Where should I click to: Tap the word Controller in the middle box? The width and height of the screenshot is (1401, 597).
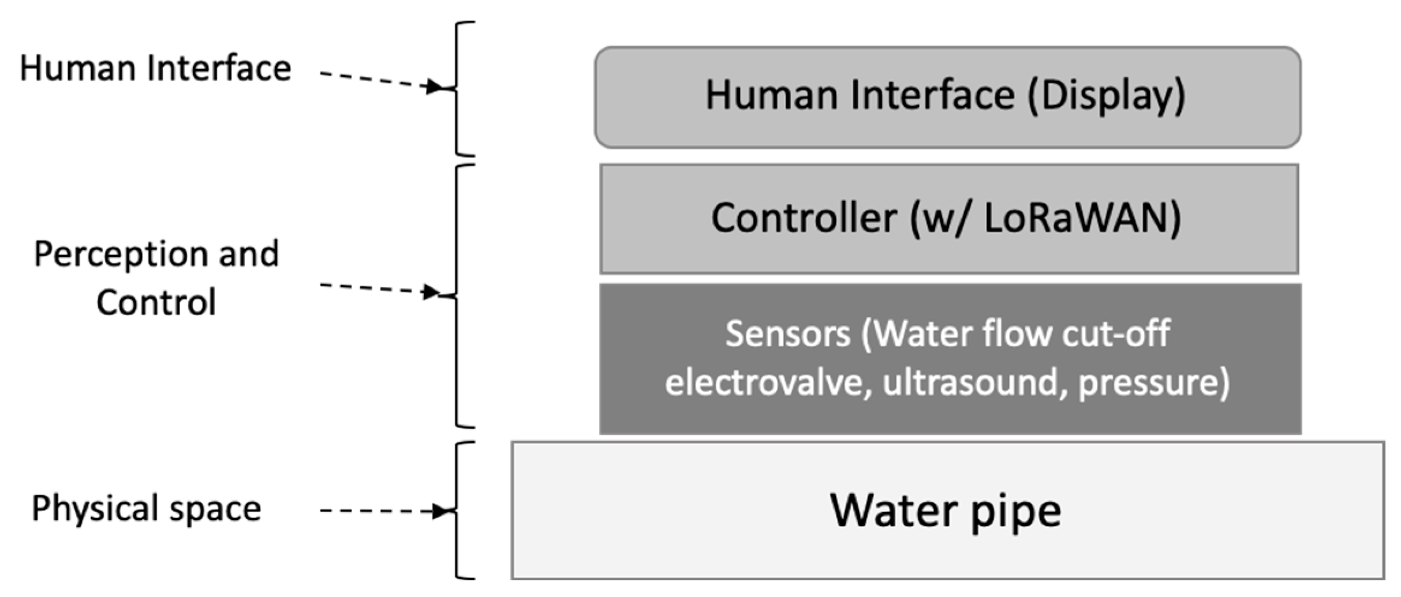tap(804, 218)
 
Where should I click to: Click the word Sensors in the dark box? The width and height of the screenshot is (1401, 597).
tap(787, 333)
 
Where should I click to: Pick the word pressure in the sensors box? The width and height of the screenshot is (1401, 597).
tap(1149, 382)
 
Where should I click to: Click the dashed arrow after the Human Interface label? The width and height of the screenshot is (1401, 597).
tap(381, 81)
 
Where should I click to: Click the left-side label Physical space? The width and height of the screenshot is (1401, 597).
tap(146, 509)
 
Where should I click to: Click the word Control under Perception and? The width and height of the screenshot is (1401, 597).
tap(156, 302)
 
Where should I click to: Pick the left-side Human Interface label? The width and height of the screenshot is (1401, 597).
tap(155, 68)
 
